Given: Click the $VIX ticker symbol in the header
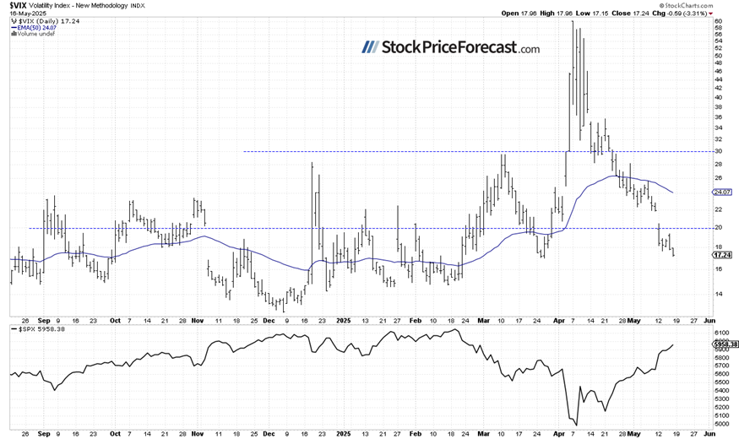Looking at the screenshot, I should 18,5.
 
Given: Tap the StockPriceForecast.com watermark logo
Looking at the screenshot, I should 451,47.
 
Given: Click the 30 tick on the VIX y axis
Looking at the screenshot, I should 717,152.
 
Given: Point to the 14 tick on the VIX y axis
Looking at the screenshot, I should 717,295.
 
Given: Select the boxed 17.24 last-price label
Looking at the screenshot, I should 721,254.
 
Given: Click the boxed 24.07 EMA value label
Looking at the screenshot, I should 721,192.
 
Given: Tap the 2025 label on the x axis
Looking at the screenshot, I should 342,321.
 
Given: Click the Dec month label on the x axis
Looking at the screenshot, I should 269,321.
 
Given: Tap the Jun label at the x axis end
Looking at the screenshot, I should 709,321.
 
